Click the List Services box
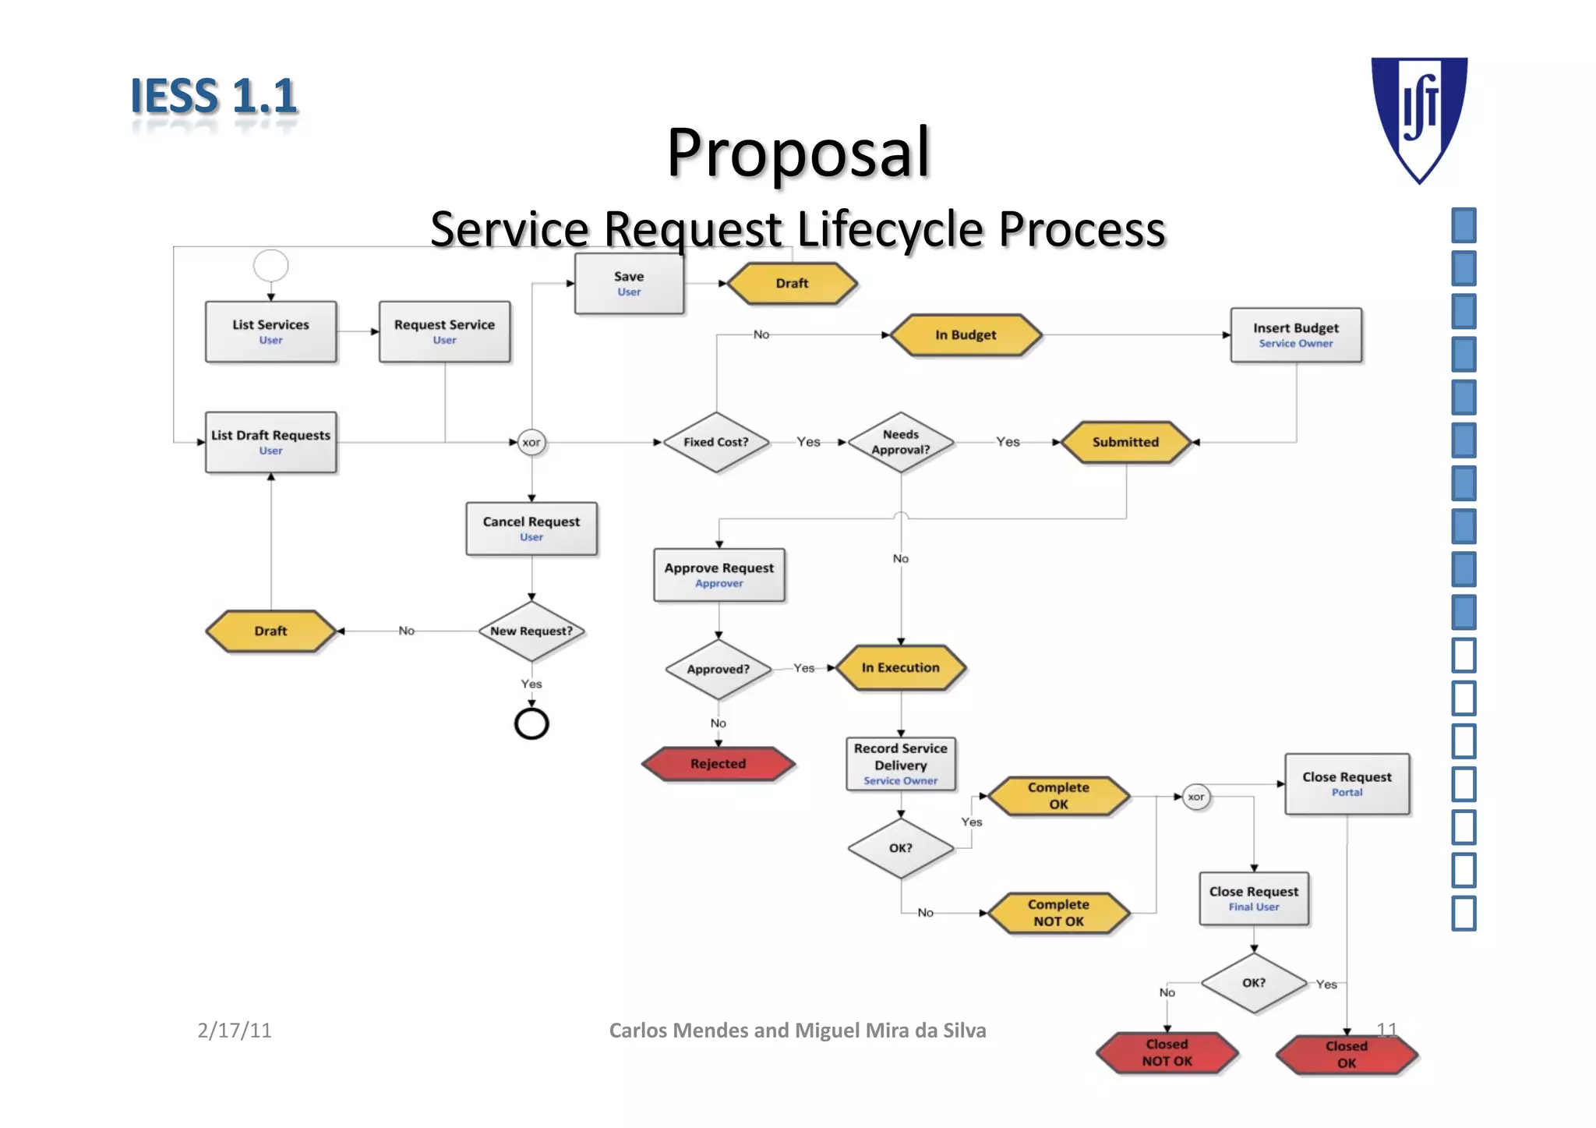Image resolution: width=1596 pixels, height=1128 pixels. (270, 331)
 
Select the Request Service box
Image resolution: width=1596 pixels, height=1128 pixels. (444, 331)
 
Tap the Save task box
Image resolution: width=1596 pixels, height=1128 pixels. (629, 284)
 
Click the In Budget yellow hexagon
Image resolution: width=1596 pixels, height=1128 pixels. (966, 335)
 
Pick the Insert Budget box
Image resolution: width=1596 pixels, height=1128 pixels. (1296, 335)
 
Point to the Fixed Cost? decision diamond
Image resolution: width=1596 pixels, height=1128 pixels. (716, 442)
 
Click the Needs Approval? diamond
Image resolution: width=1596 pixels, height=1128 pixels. (901, 442)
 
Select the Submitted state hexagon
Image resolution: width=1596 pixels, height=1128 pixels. (1125, 442)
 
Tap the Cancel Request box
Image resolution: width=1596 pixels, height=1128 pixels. (531, 529)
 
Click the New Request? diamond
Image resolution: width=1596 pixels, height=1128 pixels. (531, 631)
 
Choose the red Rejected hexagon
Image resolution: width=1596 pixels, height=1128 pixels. (718, 764)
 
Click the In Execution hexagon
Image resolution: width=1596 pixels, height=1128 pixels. (900, 668)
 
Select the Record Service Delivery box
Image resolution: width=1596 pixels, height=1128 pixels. (901, 764)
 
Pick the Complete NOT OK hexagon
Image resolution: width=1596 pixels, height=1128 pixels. (1058, 913)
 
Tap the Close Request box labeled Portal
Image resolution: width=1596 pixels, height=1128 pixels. (1347, 783)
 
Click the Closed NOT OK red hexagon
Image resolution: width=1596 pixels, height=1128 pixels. (1167, 1053)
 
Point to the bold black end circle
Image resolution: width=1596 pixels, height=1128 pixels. (531, 723)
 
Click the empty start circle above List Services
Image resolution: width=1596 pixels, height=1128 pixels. (270, 266)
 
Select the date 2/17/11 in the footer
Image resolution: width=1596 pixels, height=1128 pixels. (235, 1031)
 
